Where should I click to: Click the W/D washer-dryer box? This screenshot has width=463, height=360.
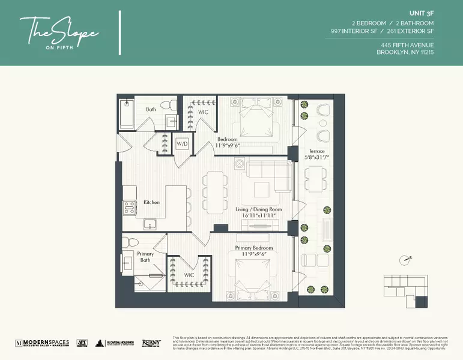click(182, 144)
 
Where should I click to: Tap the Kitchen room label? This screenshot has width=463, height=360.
click(151, 202)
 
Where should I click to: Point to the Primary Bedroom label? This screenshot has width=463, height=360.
click(253, 248)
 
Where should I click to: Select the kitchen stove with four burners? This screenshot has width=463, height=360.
click(130, 208)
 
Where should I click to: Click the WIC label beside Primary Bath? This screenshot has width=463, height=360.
click(189, 275)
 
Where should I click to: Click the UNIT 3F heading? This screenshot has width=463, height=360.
click(421, 12)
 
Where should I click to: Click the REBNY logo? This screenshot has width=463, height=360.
click(151, 343)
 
